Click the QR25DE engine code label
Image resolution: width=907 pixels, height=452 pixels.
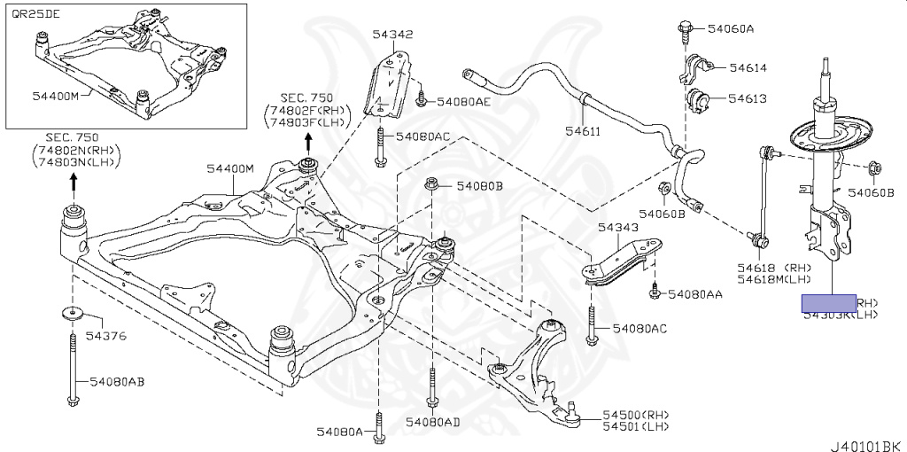pyautogui.click(x=32, y=13)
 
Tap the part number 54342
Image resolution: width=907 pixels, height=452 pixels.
pyautogui.click(x=392, y=35)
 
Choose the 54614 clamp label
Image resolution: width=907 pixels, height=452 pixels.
pyautogui.click(x=748, y=68)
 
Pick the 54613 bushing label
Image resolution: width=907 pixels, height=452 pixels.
pyautogui.click(x=748, y=99)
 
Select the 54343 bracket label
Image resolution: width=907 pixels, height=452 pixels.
pyautogui.click(x=617, y=228)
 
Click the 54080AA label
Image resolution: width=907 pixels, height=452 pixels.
pyautogui.click(x=696, y=294)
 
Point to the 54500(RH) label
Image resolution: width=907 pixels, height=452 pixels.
pyautogui.click(x=636, y=415)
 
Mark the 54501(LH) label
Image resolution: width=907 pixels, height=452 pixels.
pyautogui.click(x=636, y=427)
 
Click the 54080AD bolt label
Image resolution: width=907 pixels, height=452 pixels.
pyautogui.click(x=432, y=422)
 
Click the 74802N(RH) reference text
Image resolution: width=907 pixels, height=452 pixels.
pyautogui.click(x=72, y=151)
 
